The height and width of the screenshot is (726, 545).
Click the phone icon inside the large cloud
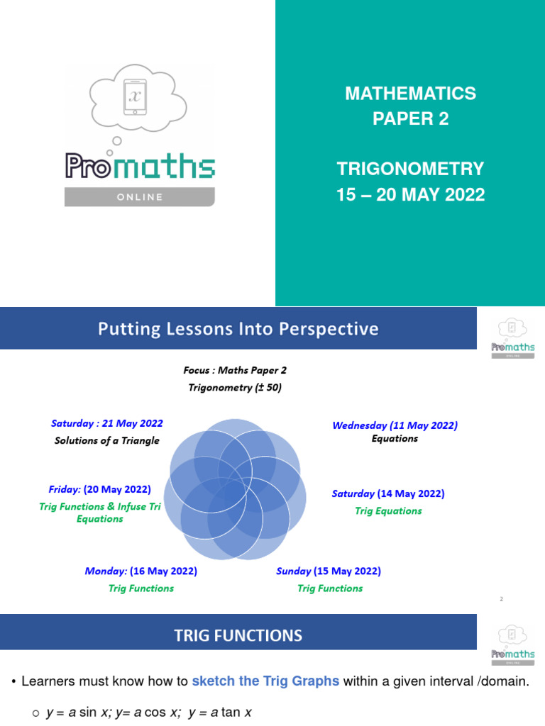click(x=135, y=96)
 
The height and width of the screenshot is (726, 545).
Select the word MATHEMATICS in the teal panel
click(x=410, y=93)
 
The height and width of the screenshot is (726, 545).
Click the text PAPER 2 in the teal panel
click(x=411, y=118)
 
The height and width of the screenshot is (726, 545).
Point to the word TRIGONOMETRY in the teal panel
click(x=410, y=169)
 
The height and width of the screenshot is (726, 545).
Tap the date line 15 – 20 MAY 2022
click(x=410, y=194)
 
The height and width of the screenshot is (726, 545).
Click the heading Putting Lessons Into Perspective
click(x=238, y=329)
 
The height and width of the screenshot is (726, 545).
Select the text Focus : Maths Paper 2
click(x=234, y=370)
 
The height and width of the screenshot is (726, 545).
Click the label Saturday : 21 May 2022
click(x=107, y=423)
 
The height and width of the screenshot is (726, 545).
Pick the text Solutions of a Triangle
click(x=107, y=440)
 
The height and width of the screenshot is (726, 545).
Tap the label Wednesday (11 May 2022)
click(x=395, y=425)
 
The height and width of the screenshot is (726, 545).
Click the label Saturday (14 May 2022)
click(x=388, y=493)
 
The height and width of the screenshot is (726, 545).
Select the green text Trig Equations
click(x=388, y=510)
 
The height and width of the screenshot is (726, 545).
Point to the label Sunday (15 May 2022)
click(x=329, y=571)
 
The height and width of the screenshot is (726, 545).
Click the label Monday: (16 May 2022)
click(x=141, y=571)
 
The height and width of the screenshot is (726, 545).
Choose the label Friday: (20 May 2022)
click(x=100, y=489)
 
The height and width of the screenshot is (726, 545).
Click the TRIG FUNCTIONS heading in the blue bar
click(x=238, y=635)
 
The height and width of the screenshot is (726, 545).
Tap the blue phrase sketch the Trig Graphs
click(x=265, y=681)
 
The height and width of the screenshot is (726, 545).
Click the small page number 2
click(x=501, y=600)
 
